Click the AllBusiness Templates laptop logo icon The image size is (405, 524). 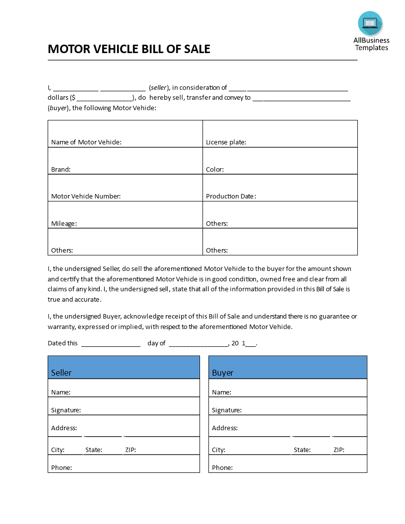(370, 23)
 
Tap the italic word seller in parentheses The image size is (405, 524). (159, 88)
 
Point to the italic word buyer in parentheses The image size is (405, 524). (58, 108)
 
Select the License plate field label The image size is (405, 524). (226, 142)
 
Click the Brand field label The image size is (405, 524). (61, 170)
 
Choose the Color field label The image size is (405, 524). (214, 170)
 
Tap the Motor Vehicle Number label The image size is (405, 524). (86, 196)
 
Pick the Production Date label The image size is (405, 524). (230, 196)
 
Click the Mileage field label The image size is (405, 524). (64, 224)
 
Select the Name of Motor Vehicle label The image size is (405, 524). (86, 142)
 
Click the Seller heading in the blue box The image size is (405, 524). (62, 373)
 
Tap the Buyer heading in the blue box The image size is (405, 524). (222, 373)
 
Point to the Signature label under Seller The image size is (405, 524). (66, 410)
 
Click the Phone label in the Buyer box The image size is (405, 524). (222, 468)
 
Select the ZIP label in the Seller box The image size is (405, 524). (130, 450)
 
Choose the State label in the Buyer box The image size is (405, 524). (302, 450)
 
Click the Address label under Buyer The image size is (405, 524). (224, 428)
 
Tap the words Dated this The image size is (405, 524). (63, 343)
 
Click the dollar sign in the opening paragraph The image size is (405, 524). (73, 98)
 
